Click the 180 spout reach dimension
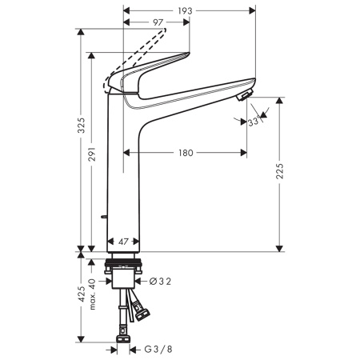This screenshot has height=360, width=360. click(186, 152)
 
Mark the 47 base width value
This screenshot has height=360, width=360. click(124, 242)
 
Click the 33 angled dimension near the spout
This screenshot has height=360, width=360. click(253, 122)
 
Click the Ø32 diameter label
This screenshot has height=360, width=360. click(160, 281)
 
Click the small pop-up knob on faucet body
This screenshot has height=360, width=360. click(106, 218)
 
